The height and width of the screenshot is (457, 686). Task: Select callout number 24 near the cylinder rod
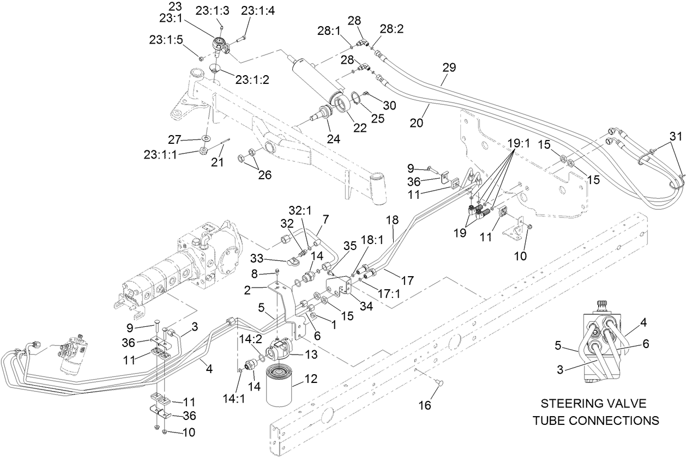(x=333, y=139)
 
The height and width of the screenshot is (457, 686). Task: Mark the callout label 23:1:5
(x=162, y=40)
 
